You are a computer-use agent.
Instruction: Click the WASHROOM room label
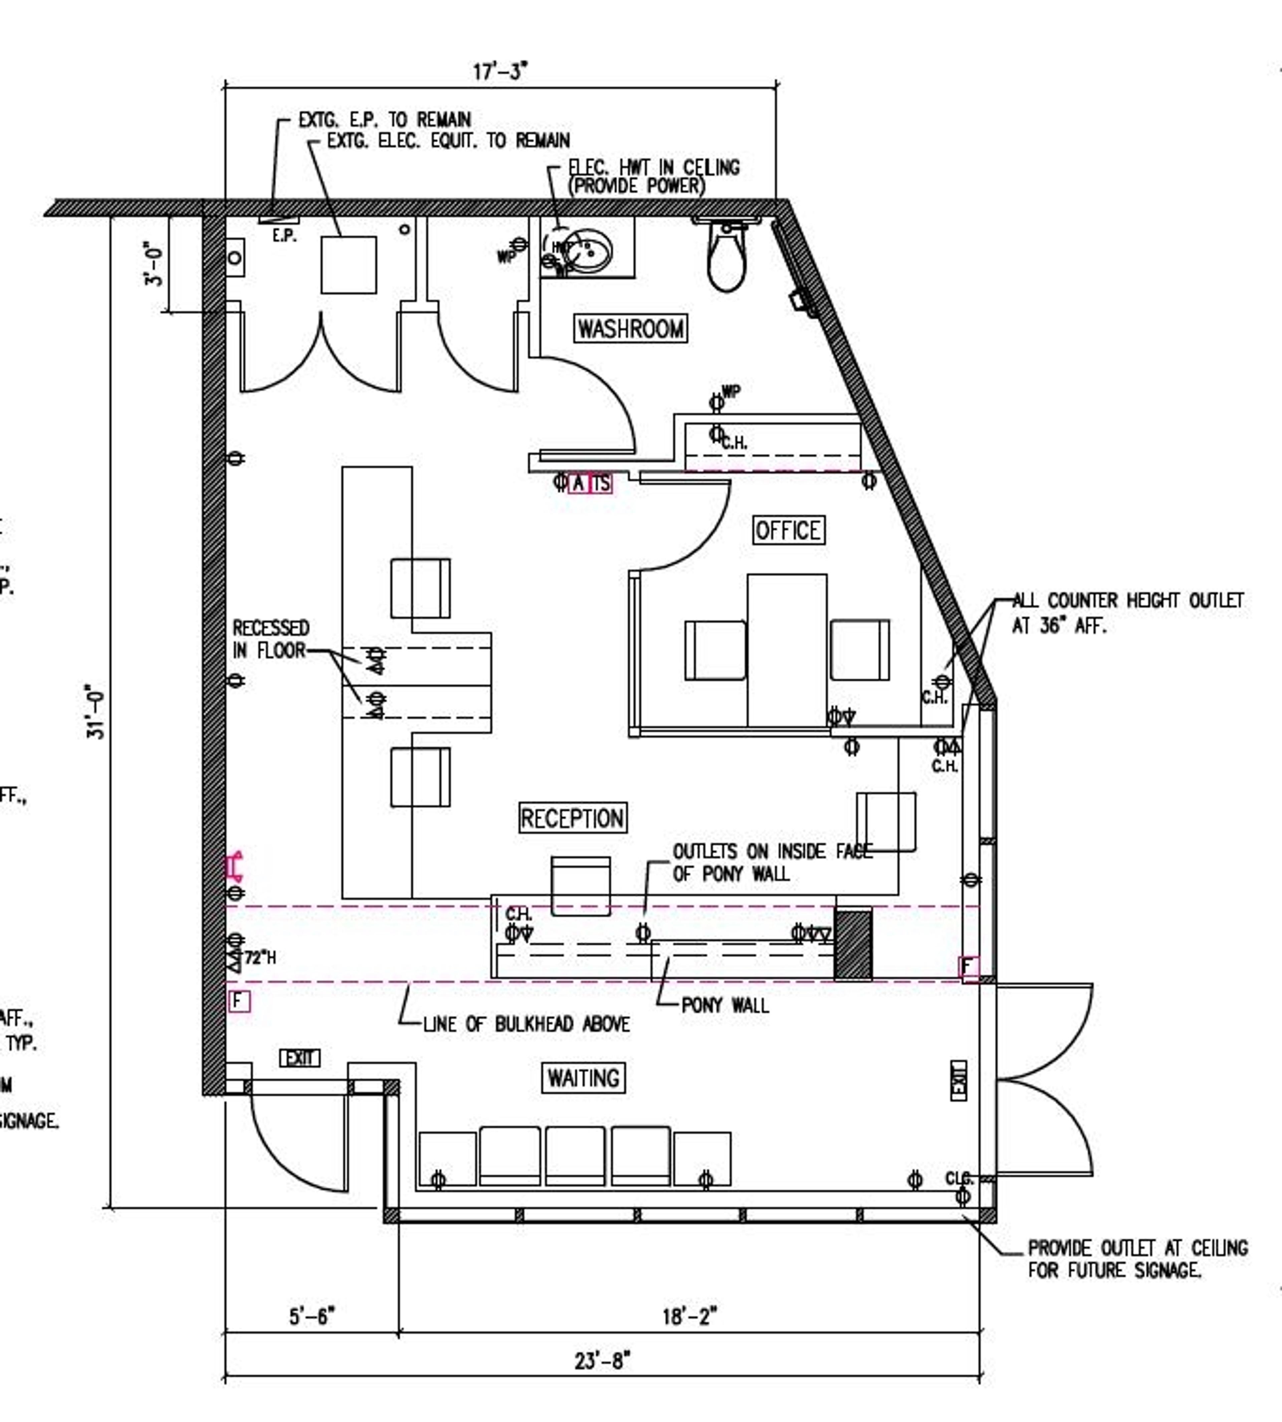(630, 328)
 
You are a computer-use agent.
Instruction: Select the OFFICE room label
(788, 530)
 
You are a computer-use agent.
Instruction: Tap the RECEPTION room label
(572, 818)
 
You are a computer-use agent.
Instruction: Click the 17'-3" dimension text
(500, 71)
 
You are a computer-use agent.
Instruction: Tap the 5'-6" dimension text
(312, 1315)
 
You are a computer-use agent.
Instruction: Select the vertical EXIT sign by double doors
(959, 1080)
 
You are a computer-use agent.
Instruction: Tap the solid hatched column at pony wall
(853, 944)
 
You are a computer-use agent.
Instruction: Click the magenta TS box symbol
(601, 483)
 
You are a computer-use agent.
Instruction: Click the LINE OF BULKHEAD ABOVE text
(526, 1024)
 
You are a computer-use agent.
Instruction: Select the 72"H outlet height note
(260, 958)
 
